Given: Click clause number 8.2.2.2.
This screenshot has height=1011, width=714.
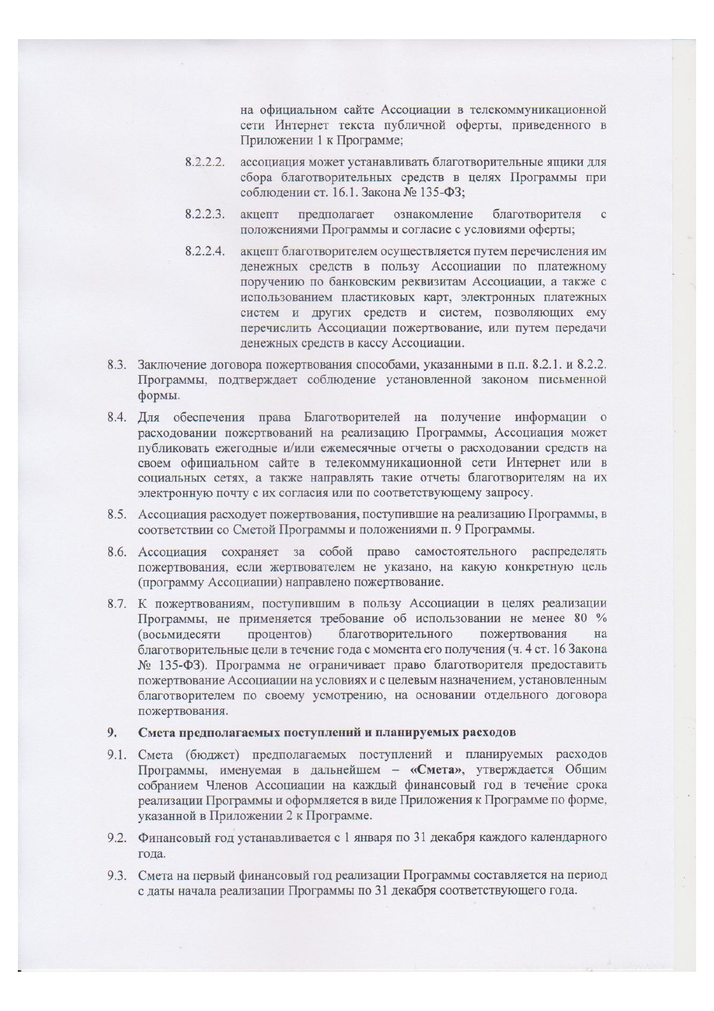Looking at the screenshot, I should (x=204, y=162).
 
